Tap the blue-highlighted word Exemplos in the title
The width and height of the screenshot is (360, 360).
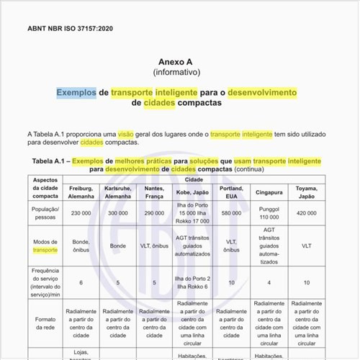[76, 93]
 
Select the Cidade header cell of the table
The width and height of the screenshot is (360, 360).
[193, 178]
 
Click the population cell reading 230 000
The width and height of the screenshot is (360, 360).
[81, 213]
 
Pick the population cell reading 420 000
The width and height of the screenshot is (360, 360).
[306, 213]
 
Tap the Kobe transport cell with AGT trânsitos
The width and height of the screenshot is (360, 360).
[193, 246]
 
